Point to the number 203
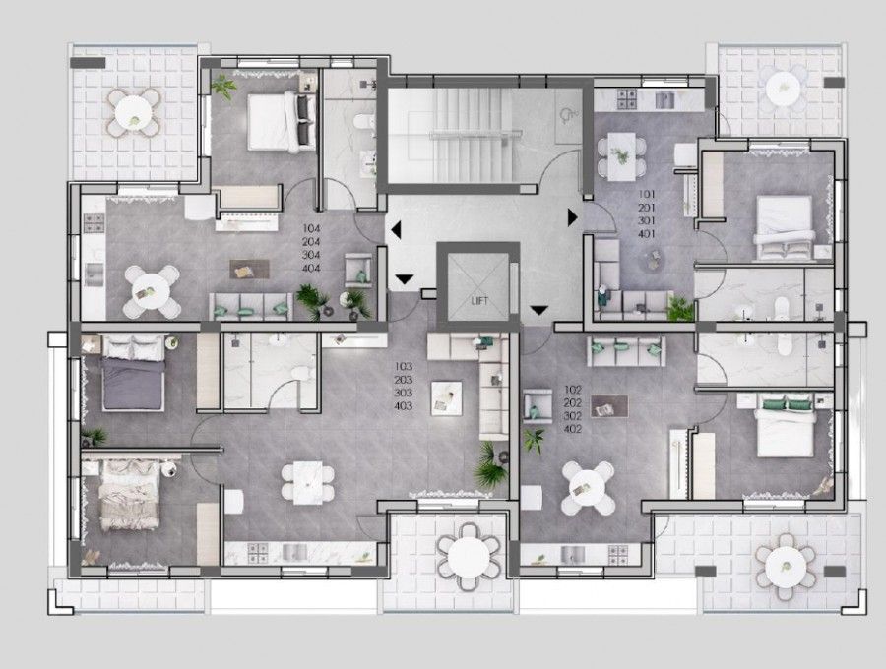click(402, 379)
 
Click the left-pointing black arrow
click(395, 230)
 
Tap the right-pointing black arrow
click(572, 214)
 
